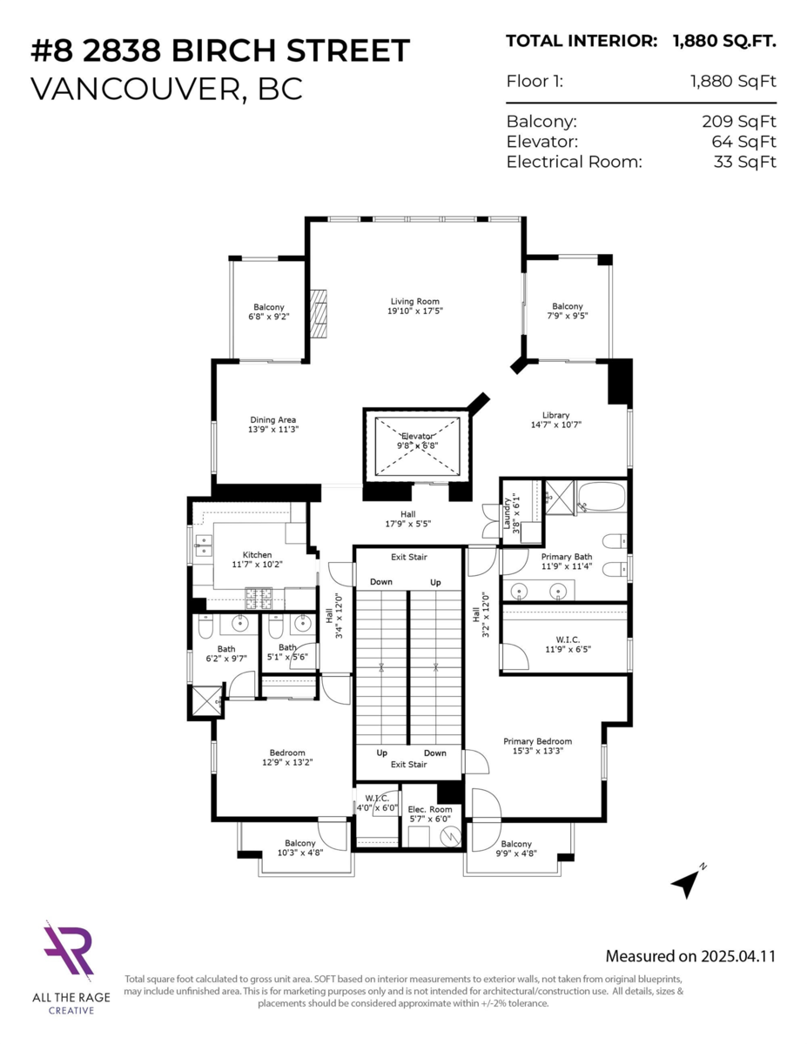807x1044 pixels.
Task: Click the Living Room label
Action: (414, 302)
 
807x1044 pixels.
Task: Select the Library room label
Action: (555, 415)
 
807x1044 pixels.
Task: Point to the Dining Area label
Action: (273, 420)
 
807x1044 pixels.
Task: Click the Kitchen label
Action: (257, 554)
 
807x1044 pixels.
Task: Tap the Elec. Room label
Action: (430, 809)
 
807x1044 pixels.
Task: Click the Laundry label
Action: (506, 513)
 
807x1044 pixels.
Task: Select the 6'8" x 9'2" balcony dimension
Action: (268, 317)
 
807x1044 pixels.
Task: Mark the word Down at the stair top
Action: (381, 581)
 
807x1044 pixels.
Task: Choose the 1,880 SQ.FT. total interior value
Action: (724, 40)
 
